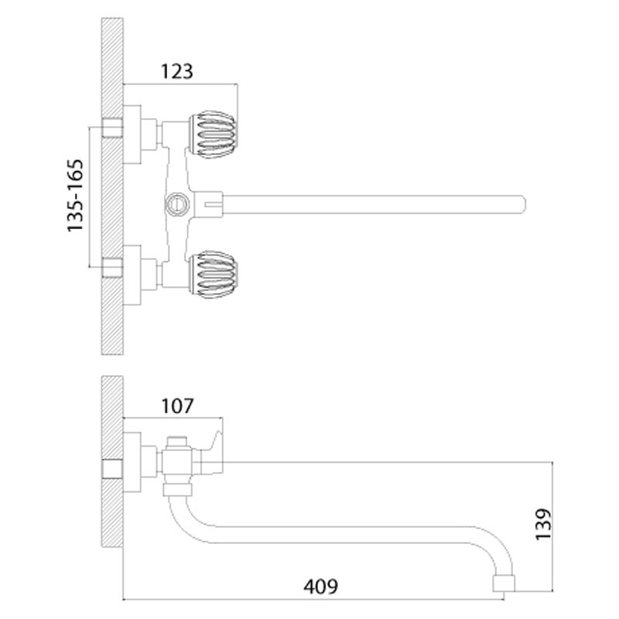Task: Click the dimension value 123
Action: point(176,71)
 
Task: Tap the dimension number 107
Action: point(176,405)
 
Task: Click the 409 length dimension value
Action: point(320,587)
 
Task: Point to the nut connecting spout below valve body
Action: point(176,489)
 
